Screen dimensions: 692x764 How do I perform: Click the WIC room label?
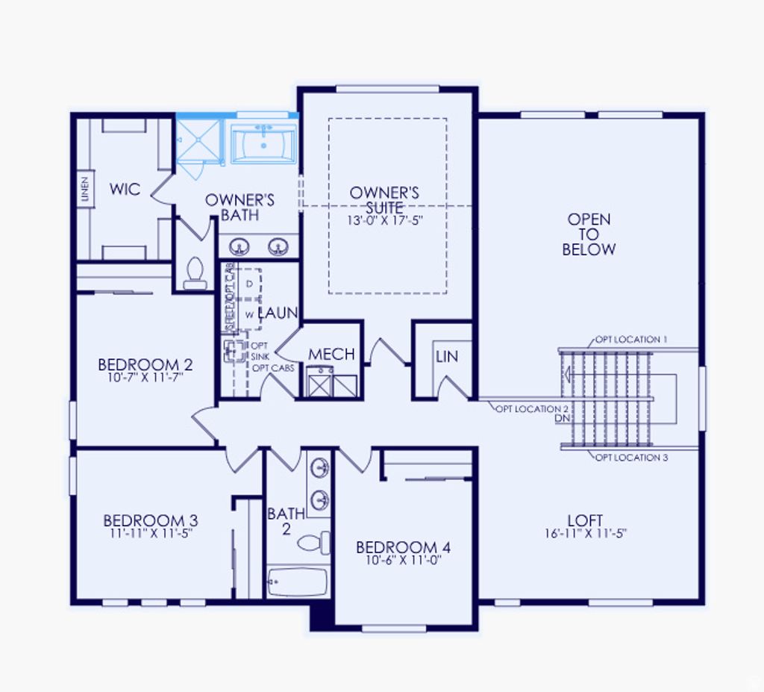[x=125, y=190]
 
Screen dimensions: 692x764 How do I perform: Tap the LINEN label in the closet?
[x=85, y=190]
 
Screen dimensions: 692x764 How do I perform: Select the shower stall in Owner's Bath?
[x=198, y=140]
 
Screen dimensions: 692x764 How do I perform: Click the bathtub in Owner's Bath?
[x=263, y=143]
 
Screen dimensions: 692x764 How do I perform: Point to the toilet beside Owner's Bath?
[x=195, y=272]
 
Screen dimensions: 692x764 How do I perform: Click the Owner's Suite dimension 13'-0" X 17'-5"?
[x=384, y=221]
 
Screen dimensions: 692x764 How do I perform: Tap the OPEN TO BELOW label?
[x=589, y=234]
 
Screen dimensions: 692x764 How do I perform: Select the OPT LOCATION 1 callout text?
[x=630, y=340]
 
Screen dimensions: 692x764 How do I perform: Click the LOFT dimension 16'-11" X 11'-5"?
[x=585, y=534]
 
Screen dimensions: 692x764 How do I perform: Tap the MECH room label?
[x=331, y=355]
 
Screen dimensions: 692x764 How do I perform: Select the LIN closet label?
[x=446, y=357]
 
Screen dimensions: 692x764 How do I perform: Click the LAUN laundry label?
[x=278, y=314]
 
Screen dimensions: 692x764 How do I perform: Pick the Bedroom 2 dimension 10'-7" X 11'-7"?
[x=145, y=378]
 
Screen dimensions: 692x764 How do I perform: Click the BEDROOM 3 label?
[x=150, y=520]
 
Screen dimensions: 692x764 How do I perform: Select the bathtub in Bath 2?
[x=296, y=582]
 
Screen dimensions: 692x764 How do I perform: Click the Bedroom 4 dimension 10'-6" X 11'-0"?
[x=403, y=560]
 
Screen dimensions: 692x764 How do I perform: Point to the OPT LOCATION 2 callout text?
[x=532, y=409]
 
